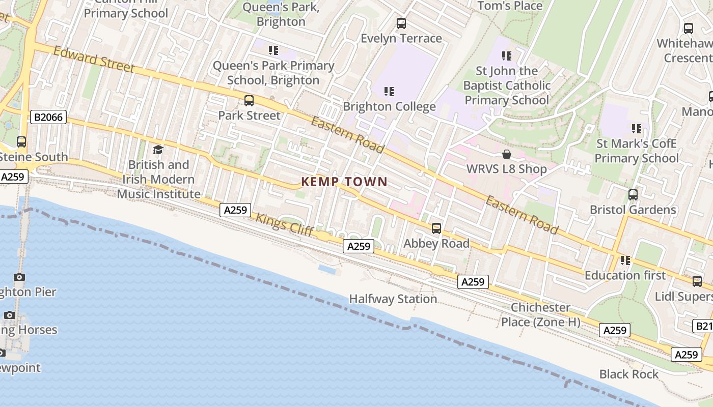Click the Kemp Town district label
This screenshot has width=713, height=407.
coord(344,182)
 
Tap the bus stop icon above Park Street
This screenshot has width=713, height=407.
coord(249,101)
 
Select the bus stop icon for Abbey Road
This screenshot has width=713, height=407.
coord(436,228)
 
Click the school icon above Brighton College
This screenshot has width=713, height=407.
coord(389,92)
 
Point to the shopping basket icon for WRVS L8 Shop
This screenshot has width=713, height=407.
coord(507,154)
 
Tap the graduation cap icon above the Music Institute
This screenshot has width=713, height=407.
coord(158,150)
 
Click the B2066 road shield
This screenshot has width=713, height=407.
coord(49,118)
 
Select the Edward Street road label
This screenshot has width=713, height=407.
coord(94,60)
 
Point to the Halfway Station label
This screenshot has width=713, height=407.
coord(393,299)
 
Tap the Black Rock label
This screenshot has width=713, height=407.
coord(629,374)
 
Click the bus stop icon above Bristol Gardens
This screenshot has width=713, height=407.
coord(633,194)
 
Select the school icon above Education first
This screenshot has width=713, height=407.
coord(625,260)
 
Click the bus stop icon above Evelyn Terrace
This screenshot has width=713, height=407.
coord(401,23)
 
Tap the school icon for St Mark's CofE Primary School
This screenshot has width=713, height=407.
coord(637,129)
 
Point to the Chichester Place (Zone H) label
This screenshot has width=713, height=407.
coord(540,314)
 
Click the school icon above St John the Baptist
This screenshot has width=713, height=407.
coord(506,55)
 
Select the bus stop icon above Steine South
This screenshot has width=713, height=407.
coord(21,142)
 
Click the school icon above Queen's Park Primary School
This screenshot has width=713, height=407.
coord(273,50)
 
